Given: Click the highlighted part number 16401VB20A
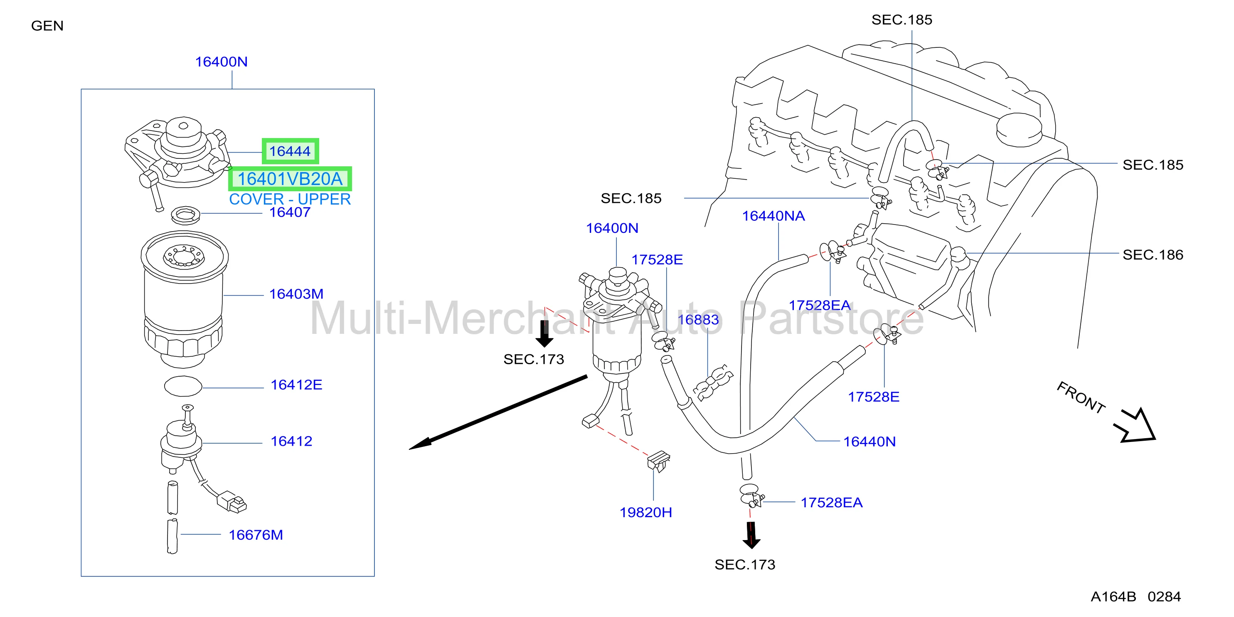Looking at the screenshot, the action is pos(290,179).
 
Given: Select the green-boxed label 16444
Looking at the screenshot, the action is pos(290,151).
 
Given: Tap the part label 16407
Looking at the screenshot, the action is pos(290,212).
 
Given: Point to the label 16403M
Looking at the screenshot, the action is pos(296,294).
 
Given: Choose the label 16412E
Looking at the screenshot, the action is pos(296,385).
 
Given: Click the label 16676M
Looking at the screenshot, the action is pos(256,535).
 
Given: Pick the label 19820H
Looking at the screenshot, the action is pos(646,513).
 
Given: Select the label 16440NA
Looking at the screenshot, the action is pos(773,216).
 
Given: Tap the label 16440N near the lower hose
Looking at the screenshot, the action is pos(869,442).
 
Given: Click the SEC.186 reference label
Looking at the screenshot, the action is pos(1153,255).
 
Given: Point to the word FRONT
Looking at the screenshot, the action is pos(1081,397).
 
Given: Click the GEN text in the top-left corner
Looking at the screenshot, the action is pos(47,26).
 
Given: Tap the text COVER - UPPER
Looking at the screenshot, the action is pos(290,199).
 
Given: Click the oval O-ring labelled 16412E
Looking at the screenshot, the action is pos(183,386).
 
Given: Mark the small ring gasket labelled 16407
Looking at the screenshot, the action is pos(186,215).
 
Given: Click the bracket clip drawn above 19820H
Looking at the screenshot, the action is pos(658,461).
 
